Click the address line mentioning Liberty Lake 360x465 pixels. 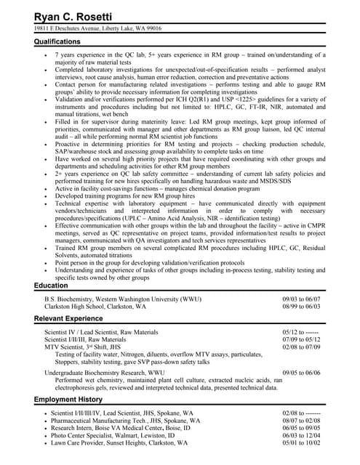point(97,28)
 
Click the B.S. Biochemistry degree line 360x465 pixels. point(123,299)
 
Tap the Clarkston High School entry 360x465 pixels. point(95,307)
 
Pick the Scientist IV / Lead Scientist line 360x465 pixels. point(105,332)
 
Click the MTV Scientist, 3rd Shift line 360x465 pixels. point(87,347)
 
